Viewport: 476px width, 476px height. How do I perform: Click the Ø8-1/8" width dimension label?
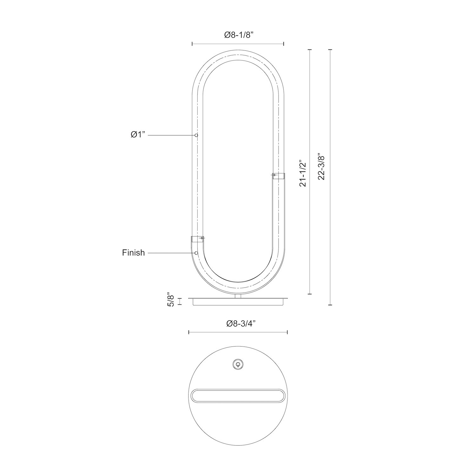238,35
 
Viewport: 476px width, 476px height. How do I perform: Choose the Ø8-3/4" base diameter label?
241,324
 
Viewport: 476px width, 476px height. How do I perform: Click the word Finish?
133,253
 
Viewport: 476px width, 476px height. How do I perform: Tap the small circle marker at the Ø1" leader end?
196,136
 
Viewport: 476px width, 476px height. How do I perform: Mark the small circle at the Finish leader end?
196,253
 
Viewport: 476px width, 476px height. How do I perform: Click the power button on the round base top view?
238,364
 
